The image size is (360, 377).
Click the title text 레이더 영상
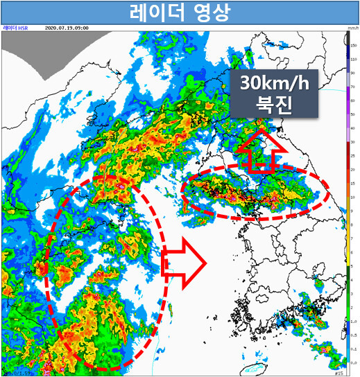tap(179, 12)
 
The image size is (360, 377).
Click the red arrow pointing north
tap(261, 152)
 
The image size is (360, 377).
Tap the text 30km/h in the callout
tap(274, 84)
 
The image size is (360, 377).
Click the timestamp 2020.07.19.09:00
tap(66, 28)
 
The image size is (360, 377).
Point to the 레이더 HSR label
tap(15, 28)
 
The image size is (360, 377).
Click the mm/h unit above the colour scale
tap(352, 28)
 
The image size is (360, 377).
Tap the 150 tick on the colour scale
tap(353, 44)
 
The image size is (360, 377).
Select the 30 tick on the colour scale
tap(353, 143)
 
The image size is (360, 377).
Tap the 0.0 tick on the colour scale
tap(353, 363)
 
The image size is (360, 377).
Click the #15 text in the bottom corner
tap(338, 371)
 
